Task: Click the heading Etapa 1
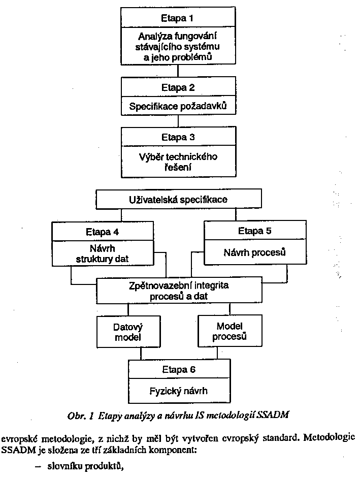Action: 178,18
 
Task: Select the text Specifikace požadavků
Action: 178,107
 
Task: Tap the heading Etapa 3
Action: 178,137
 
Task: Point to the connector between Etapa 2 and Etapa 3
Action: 178,120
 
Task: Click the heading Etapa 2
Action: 178,87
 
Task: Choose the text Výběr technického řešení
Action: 178,162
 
